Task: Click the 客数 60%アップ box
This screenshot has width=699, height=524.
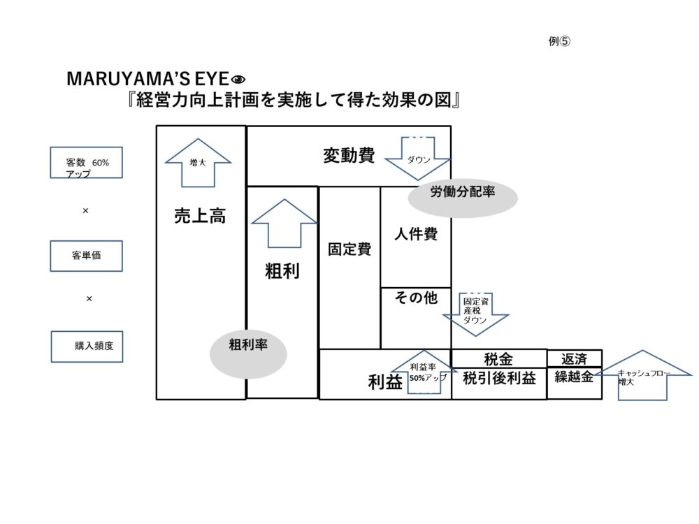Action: [x=87, y=163]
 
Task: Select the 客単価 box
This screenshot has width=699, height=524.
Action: [x=87, y=256]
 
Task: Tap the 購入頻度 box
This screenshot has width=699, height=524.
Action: [x=87, y=346]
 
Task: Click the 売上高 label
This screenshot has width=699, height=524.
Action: [x=200, y=217]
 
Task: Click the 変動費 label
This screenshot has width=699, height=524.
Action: [x=349, y=156]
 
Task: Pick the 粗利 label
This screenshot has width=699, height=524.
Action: [x=282, y=271]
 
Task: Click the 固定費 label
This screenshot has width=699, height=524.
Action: [x=349, y=249]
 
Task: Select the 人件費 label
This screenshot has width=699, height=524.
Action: [x=415, y=234]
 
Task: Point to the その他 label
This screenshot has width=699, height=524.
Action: [x=416, y=298]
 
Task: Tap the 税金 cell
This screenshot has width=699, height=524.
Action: [x=498, y=359]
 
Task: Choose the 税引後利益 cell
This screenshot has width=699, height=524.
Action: [x=499, y=379]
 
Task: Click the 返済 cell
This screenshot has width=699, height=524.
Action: [x=574, y=359]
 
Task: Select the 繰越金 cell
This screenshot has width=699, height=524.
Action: [x=574, y=378]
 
